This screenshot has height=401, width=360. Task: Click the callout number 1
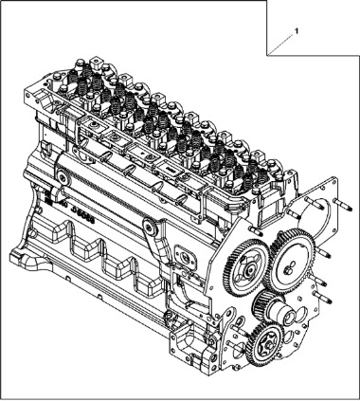pos(297,31)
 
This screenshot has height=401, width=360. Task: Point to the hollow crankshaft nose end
pos(287,317)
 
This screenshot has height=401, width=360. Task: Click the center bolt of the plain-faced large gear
pos(287,270)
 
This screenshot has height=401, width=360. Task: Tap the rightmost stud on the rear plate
pos(343,205)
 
